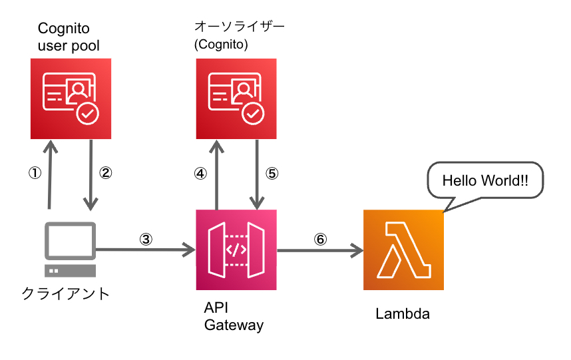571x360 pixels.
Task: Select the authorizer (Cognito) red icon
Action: click(236, 98)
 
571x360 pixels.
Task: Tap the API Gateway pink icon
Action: click(236, 250)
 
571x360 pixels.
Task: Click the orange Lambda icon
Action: click(403, 250)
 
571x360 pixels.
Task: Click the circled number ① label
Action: click(35, 173)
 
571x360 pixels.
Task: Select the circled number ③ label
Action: click(147, 238)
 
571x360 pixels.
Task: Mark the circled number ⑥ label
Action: click(321, 238)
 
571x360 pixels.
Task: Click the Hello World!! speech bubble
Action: click(485, 180)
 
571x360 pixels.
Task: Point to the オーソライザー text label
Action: click(239, 27)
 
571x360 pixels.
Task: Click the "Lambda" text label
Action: click(403, 314)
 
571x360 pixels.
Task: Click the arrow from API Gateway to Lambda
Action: click(320, 250)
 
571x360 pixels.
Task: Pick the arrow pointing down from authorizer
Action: click(257, 173)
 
